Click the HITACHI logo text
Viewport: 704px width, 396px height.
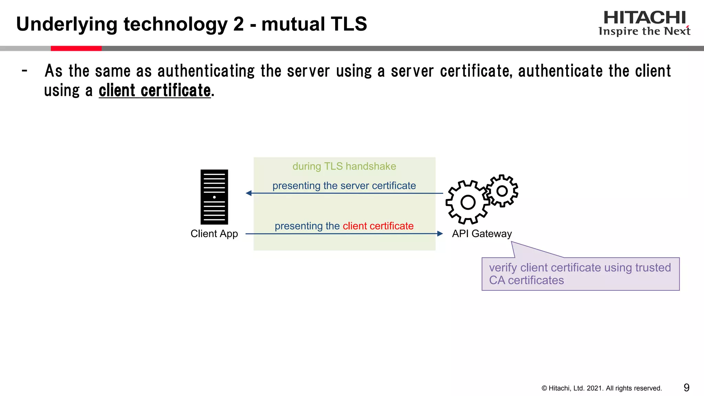(x=645, y=18)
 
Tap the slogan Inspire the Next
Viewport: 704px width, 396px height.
(x=644, y=31)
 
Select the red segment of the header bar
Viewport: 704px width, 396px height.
(x=76, y=48)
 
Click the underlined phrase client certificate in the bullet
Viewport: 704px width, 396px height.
(x=155, y=91)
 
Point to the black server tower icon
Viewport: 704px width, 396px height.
(x=214, y=197)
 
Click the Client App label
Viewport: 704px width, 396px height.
(x=214, y=234)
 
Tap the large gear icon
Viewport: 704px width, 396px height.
(x=467, y=202)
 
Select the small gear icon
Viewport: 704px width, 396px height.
(x=502, y=191)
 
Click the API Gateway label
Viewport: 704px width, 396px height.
(x=482, y=234)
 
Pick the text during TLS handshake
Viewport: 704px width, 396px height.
(x=344, y=166)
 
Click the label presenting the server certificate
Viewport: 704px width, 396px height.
(x=344, y=186)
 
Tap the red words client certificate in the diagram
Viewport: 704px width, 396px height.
(x=378, y=226)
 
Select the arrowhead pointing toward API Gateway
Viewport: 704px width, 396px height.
(x=440, y=234)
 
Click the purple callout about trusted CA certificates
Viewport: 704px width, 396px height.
(x=580, y=274)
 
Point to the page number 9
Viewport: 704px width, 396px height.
(x=686, y=388)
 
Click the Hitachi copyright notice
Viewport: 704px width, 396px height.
(x=602, y=388)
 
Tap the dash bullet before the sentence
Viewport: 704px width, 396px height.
(x=24, y=71)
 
